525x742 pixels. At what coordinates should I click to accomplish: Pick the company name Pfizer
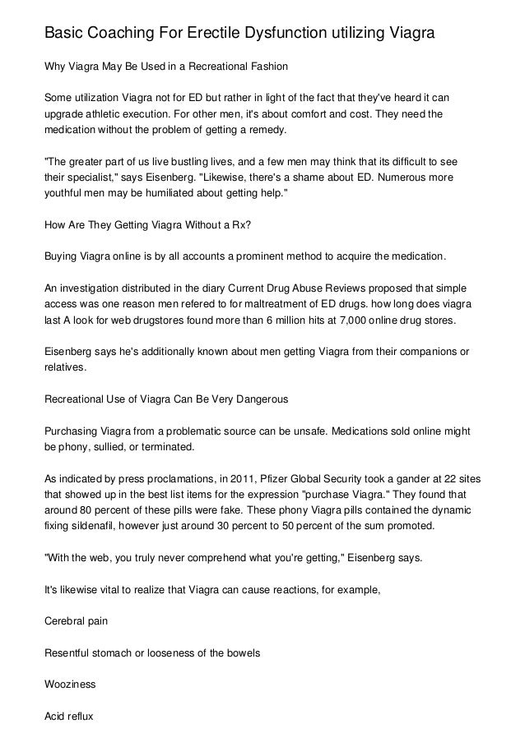point(254,477)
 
